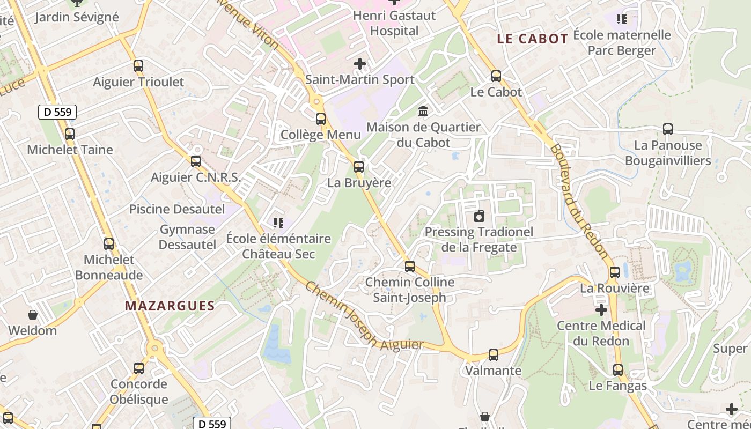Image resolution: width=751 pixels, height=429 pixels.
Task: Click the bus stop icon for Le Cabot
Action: pyautogui.click(x=496, y=76)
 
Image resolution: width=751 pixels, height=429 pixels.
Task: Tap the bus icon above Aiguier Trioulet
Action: pyautogui.click(x=138, y=66)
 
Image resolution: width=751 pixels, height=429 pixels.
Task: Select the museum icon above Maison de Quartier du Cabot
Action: pyautogui.click(x=423, y=111)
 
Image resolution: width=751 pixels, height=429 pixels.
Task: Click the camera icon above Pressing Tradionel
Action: pyautogui.click(x=479, y=216)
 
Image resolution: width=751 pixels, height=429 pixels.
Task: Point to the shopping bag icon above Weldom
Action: pyautogui.click(x=33, y=314)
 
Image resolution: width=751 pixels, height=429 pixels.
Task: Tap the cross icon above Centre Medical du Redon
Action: pyautogui.click(x=601, y=309)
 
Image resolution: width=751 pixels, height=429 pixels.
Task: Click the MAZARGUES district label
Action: pyautogui.click(x=170, y=306)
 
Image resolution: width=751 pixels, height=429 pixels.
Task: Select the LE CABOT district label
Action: pyautogui.click(x=532, y=39)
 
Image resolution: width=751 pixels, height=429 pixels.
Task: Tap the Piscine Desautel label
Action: pyautogui.click(x=177, y=209)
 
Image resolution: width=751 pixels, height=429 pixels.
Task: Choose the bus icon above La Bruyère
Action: pyautogui.click(x=359, y=166)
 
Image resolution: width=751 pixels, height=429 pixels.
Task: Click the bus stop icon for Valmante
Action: pyautogui.click(x=494, y=354)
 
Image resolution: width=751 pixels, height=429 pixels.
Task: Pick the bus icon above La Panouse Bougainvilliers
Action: pyautogui.click(x=668, y=129)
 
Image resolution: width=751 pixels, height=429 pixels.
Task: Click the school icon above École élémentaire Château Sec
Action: pyautogui.click(x=278, y=222)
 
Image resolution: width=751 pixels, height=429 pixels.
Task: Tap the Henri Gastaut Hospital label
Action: pyautogui.click(x=394, y=23)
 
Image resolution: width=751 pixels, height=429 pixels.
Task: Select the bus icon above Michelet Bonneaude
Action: pyautogui.click(x=109, y=243)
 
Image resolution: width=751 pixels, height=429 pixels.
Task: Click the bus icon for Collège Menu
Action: pyautogui.click(x=321, y=119)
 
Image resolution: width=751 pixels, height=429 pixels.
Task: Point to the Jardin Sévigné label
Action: pyautogui.click(x=77, y=17)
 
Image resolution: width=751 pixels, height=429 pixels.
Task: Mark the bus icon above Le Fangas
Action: pyautogui.click(x=618, y=369)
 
